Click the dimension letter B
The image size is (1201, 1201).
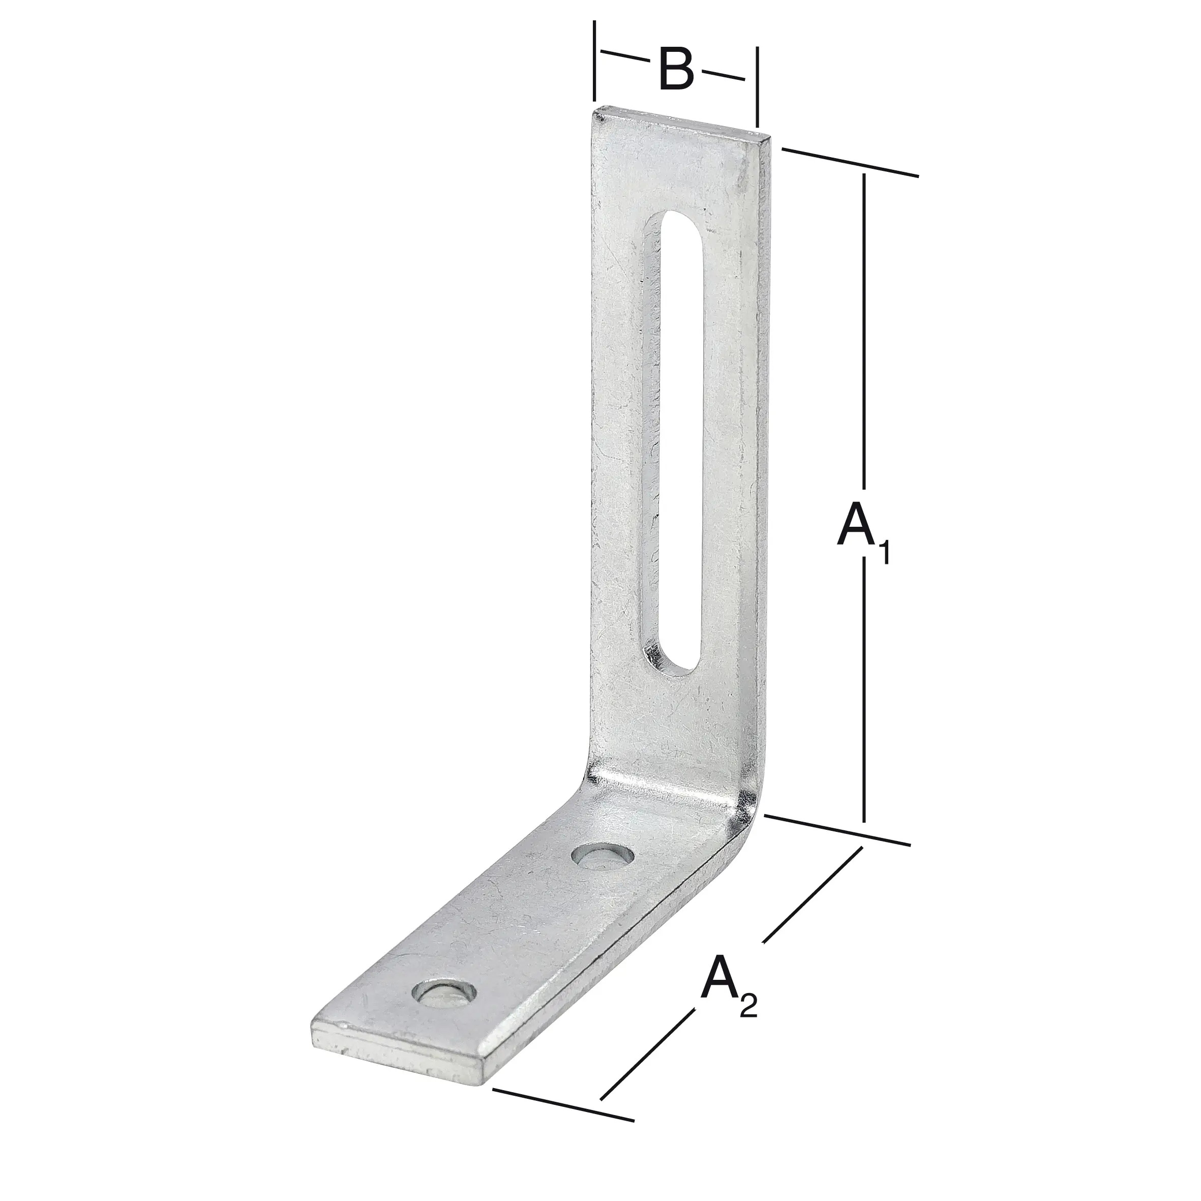pos(676,68)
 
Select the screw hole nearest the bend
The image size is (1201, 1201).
pos(603,857)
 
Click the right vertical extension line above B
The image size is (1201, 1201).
pos(757,87)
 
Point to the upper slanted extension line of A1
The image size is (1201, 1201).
pos(849,162)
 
